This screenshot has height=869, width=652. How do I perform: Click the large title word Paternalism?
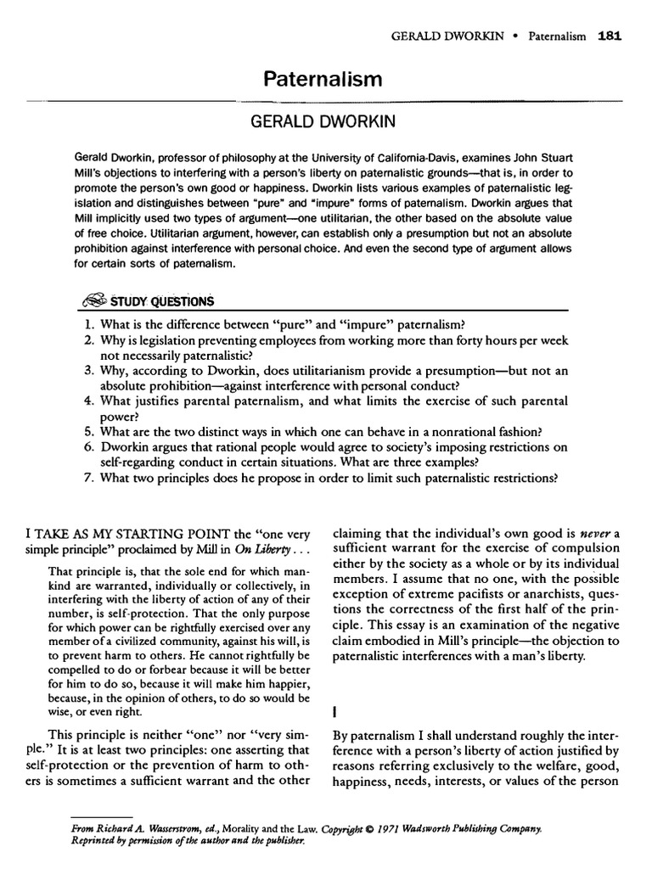[326, 80]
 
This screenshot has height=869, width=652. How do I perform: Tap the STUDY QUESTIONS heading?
[163, 301]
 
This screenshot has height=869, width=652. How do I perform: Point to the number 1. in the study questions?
[88, 324]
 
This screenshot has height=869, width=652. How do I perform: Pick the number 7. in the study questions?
[88, 477]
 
